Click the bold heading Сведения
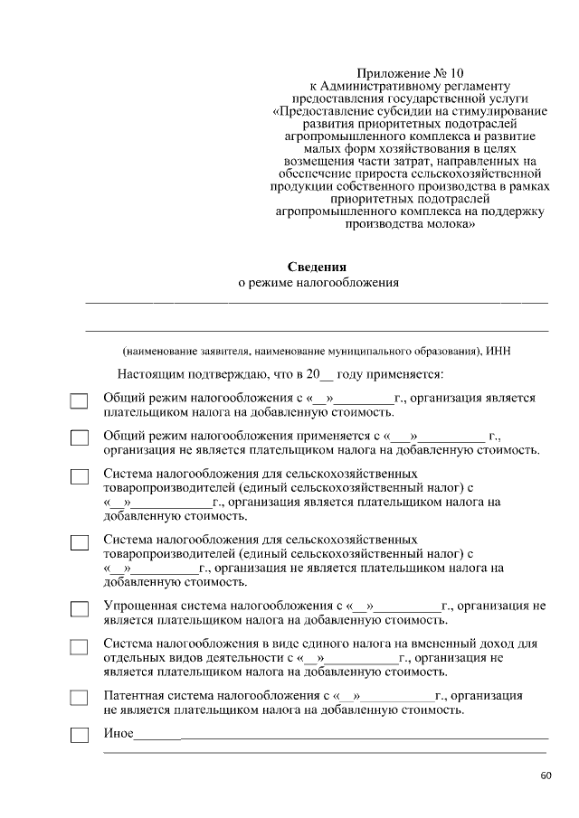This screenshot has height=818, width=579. [317, 267]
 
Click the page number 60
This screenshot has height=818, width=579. [546, 776]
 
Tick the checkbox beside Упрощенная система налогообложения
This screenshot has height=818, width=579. [80, 609]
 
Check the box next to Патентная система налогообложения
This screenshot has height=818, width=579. [80, 699]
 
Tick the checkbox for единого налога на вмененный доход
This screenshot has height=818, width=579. [80, 647]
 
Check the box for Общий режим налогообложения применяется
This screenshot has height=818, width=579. [80, 438]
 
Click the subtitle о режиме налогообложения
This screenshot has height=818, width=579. [318, 282]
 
